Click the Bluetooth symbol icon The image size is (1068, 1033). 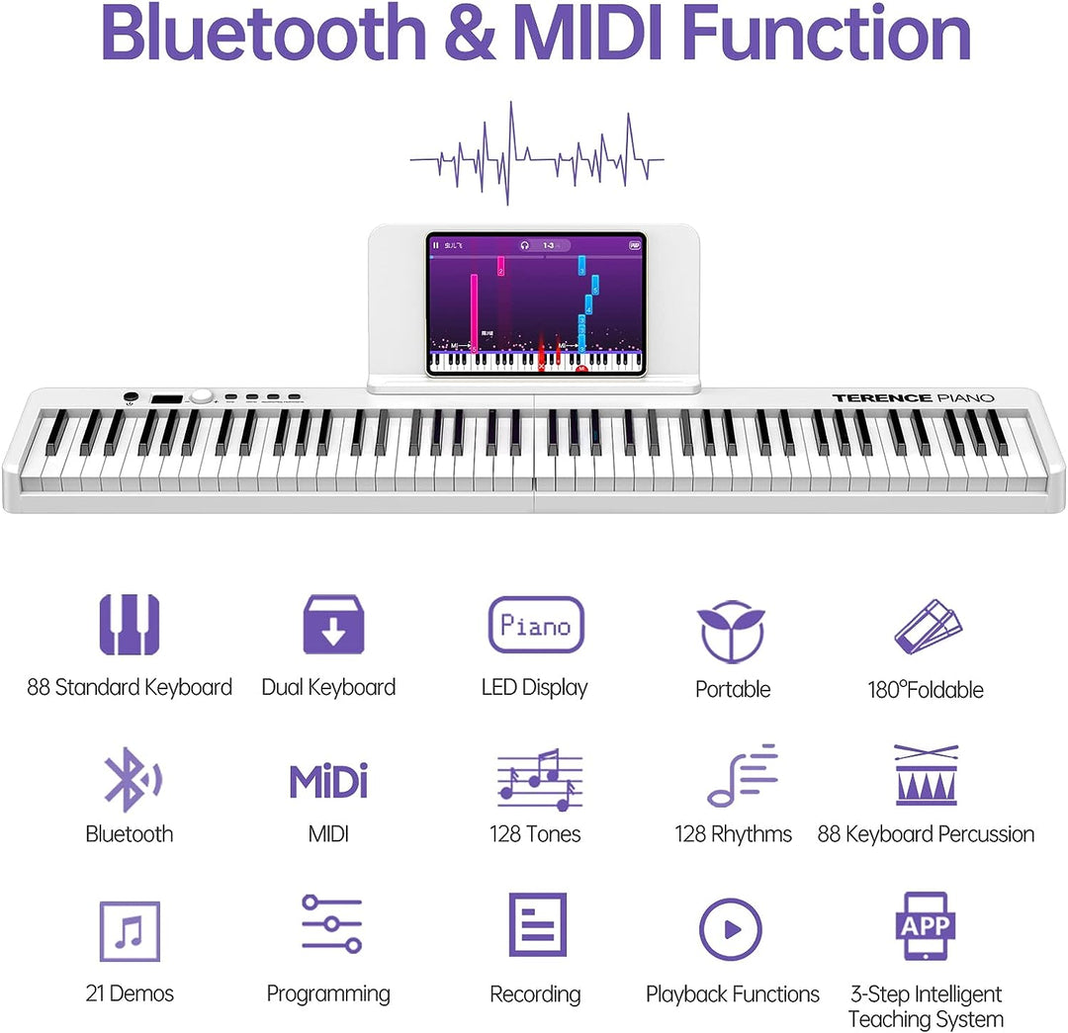(x=130, y=780)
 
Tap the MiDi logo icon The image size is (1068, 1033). (x=328, y=781)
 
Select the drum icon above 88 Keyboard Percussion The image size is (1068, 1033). (x=926, y=776)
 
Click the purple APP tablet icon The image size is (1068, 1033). (x=925, y=926)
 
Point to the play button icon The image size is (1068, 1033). (x=730, y=929)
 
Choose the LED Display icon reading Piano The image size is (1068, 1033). (x=536, y=625)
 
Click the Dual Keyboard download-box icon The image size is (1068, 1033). (x=333, y=625)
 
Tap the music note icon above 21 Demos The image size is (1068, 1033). (x=130, y=931)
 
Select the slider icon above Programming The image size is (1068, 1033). (x=331, y=924)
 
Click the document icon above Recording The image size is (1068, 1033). (x=537, y=925)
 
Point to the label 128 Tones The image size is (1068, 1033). (x=535, y=834)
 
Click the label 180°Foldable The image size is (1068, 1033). (x=926, y=690)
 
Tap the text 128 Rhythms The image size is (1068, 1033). (x=733, y=834)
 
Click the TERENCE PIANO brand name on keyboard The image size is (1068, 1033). (x=913, y=397)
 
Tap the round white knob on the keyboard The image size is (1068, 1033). (x=202, y=396)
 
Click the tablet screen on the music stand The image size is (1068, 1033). (x=536, y=303)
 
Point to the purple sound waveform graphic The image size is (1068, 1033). (x=536, y=155)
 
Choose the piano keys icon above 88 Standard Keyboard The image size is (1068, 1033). (x=130, y=625)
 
